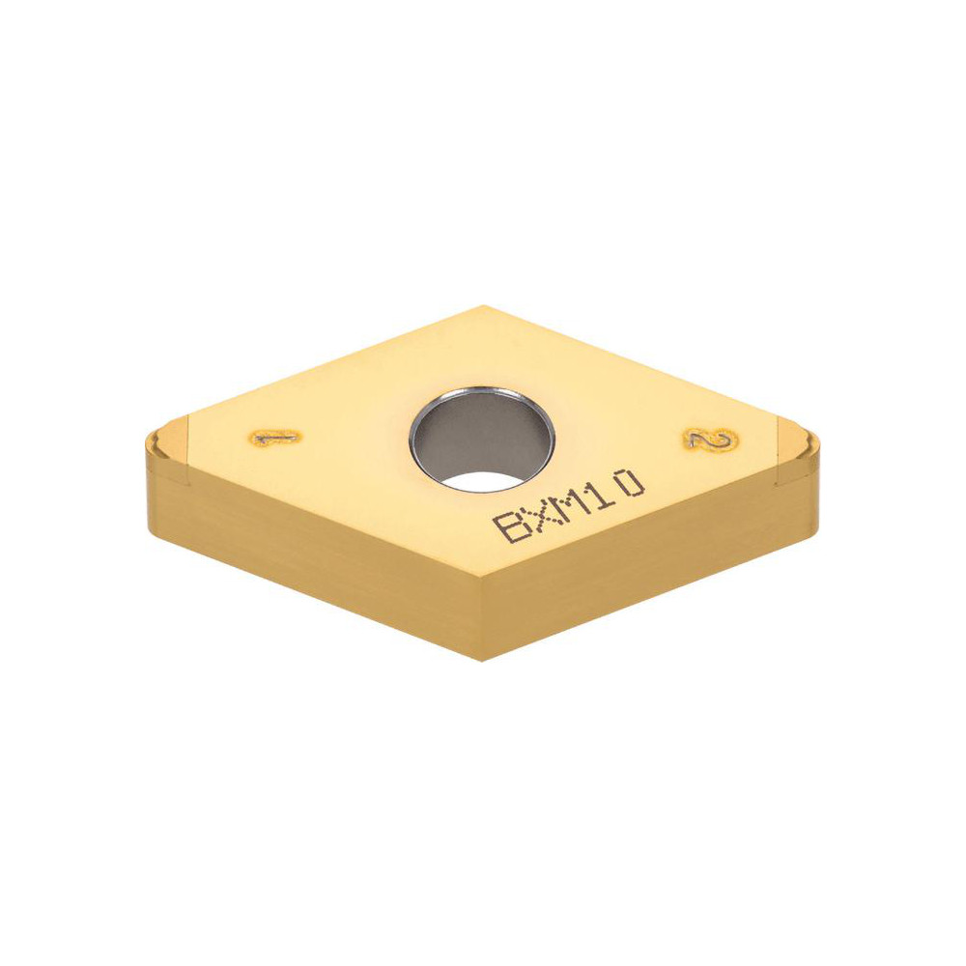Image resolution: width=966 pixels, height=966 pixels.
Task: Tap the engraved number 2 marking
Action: click(710, 440)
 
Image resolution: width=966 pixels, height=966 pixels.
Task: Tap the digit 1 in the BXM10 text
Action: click(599, 491)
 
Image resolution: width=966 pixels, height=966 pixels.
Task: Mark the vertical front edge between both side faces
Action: click(482, 618)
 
